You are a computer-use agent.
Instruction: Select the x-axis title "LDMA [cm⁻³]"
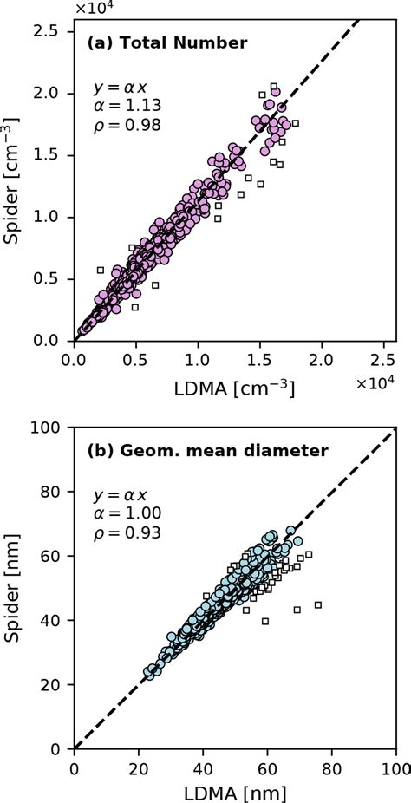[x=235, y=388]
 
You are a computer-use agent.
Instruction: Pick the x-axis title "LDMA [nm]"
[x=235, y=792]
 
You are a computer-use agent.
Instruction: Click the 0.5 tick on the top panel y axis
[x=48, y=278]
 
